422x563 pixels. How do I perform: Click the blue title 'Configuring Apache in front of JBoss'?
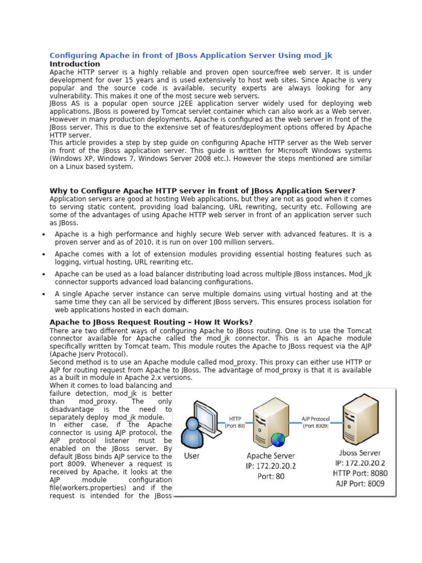coord(191,56)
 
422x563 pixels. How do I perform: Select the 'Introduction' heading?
coord(75,64)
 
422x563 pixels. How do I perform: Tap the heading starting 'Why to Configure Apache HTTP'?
coord(202,191)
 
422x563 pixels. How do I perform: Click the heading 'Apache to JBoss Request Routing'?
coord(143,322)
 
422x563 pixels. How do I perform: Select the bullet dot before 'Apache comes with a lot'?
coord(43,255)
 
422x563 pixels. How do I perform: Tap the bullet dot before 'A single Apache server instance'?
coord(43,294)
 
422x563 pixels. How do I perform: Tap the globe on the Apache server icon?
coord(279,439)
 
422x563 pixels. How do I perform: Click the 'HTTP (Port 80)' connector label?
coord(235,422)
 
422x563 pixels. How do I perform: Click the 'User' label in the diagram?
coord(192,456)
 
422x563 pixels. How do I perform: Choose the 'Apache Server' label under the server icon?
coord(271,456)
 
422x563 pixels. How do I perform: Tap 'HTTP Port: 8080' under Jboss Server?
coord(359,473)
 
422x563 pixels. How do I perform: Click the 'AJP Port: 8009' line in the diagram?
coord(359,483)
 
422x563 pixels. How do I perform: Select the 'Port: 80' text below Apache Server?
coord(271,476)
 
